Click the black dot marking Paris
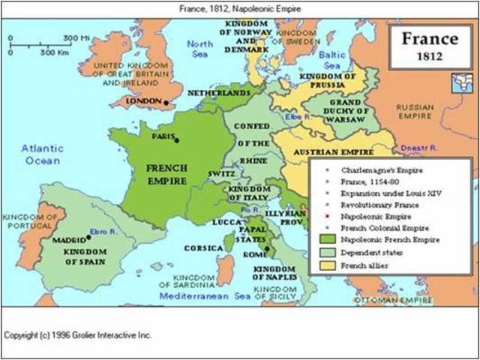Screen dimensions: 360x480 click(x=177, y=140)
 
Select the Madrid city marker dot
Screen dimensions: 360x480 click(x=88, y=238)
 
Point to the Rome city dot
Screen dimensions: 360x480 click(x=266, y=247)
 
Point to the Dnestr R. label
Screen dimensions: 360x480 click(x=416, y=148)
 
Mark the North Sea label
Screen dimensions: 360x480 click(x=199, y=49)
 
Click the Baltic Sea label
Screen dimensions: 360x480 click(x=332, y=59)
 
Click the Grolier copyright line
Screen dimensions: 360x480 click(x=78, y=334)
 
